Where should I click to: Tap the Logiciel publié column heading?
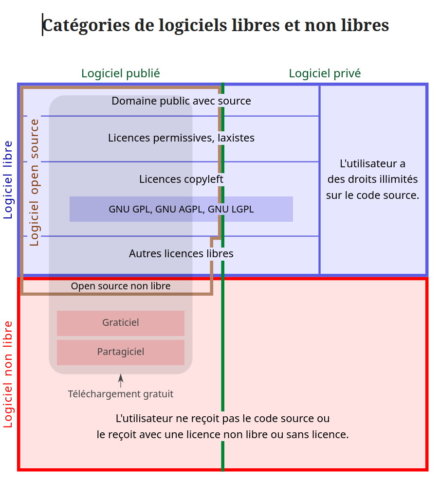(x=120, y=73)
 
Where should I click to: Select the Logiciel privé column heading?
(x=325, y=73)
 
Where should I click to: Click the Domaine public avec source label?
(x=181, y=101)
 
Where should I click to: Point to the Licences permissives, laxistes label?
(x=181, y=138)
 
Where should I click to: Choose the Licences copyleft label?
(x=181, y=179)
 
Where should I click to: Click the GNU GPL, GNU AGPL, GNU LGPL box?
(x=181, y=210)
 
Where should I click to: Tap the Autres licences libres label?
(x=181, y=254)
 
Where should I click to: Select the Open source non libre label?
(x=121, y=286)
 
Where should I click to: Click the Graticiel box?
(x=121, y=323)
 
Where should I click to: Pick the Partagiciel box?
(x=121, y=352)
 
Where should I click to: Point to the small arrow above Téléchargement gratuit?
(x=121, y=380)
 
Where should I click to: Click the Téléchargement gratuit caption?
(x=121, y=394)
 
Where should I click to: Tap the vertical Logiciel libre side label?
(x=8, y=179)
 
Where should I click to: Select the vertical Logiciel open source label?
(x=34, y=182)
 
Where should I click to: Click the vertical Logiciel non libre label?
(x=8, y=374)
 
